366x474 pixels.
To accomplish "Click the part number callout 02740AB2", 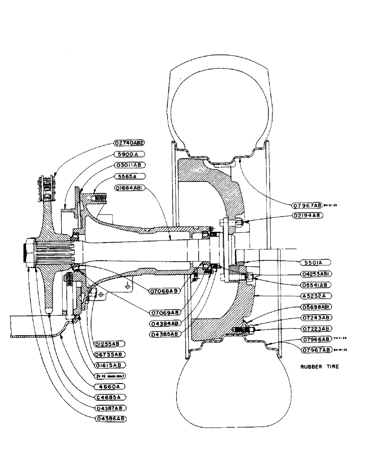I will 128,143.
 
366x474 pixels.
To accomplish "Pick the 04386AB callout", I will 111,419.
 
